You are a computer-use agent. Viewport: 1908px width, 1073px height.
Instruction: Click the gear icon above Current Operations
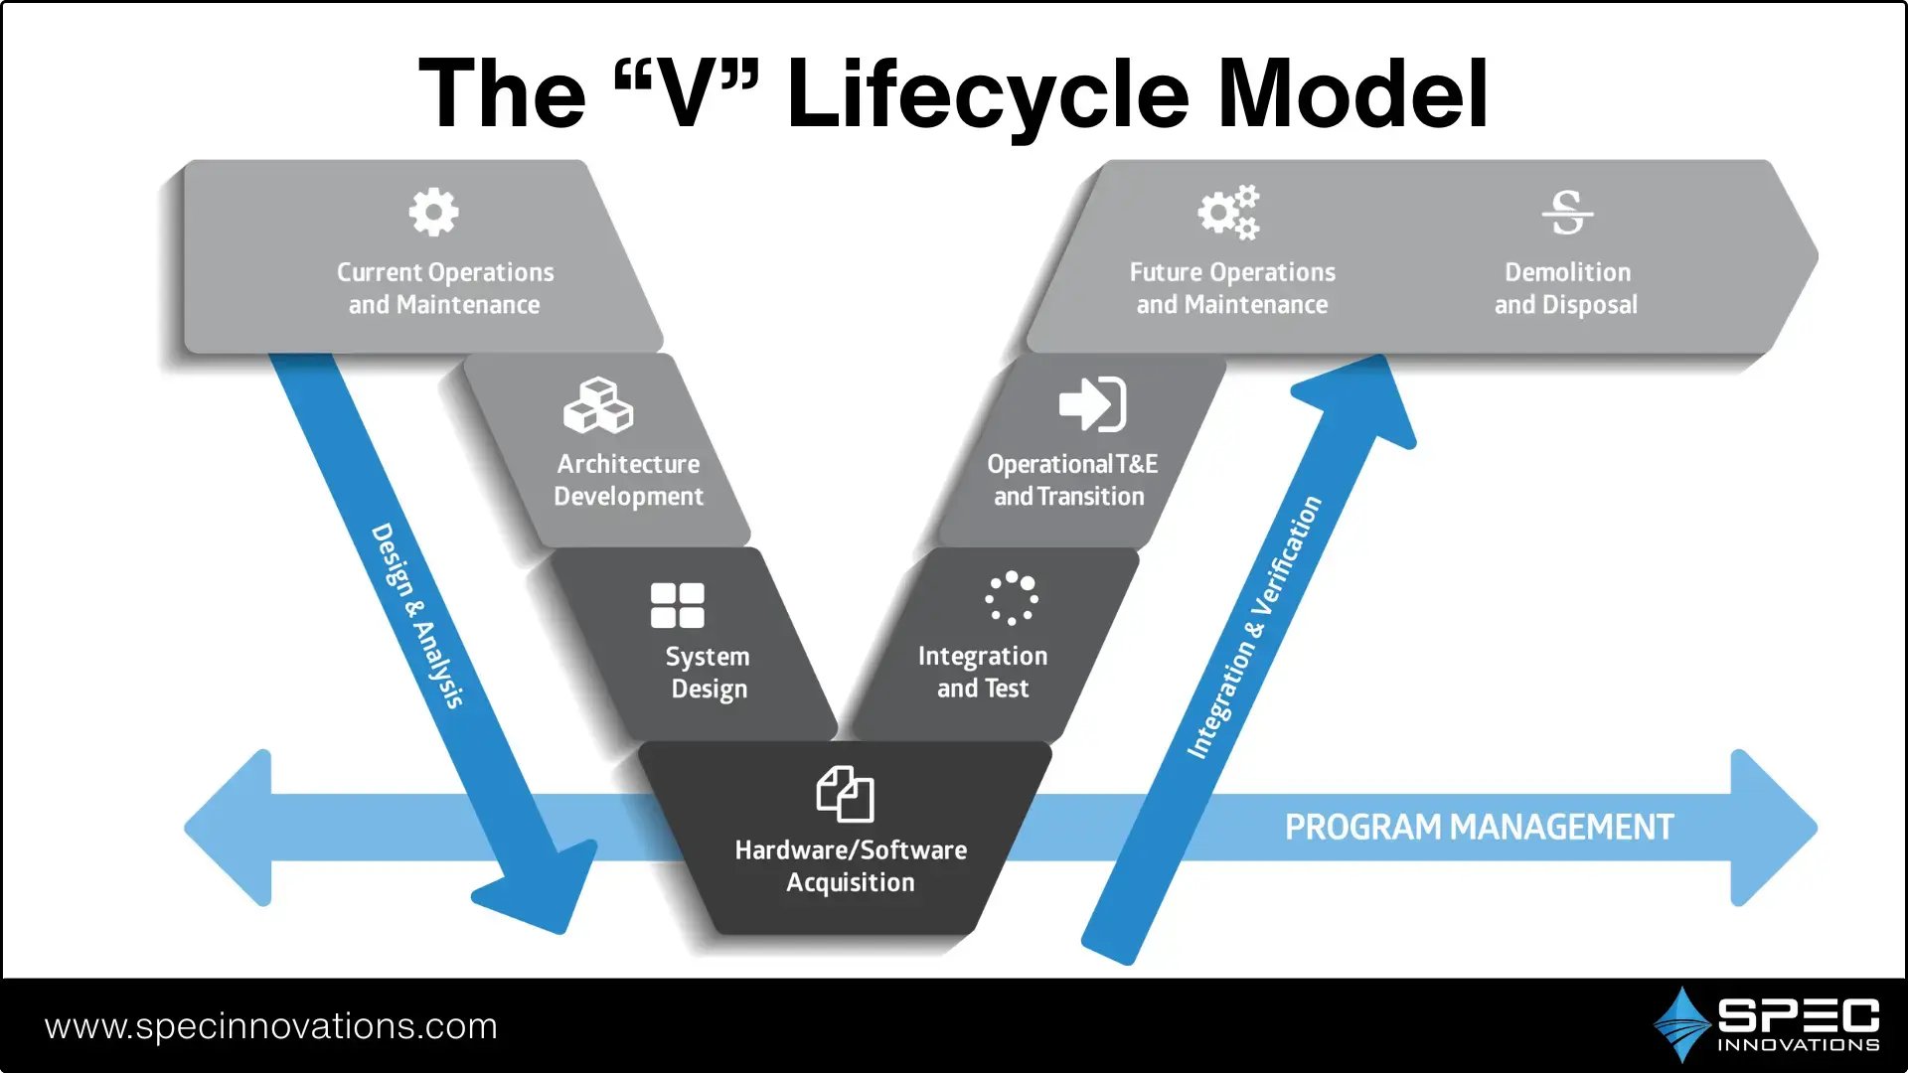(433, 212)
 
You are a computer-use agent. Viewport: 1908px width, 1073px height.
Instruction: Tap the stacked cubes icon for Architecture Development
(598, 405)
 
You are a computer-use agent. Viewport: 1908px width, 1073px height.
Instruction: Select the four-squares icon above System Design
(677, 605)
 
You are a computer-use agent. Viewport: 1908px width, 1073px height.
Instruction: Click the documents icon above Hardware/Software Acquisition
(845, 794)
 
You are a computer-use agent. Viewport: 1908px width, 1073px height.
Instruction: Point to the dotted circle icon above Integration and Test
(1012, 597)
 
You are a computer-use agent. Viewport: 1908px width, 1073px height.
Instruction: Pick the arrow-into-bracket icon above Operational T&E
(1092, 403)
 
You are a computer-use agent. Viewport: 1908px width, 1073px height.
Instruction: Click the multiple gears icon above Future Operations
(1229, 212)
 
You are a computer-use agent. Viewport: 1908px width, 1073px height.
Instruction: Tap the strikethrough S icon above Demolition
(1567, 213)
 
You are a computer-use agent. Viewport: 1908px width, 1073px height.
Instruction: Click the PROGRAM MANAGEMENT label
(1479, 828)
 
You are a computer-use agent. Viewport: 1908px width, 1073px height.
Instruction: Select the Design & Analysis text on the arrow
(417, 615)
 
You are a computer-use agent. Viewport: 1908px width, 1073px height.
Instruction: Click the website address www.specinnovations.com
(270, 1026)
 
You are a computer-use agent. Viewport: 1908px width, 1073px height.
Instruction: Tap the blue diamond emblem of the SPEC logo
(1681, 1024)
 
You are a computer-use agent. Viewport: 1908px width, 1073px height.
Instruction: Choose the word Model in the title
(1352, 94)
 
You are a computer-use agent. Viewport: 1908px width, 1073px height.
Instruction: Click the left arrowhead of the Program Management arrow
(232, 828)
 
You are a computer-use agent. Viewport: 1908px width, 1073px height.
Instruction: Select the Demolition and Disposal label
(1566, 288)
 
